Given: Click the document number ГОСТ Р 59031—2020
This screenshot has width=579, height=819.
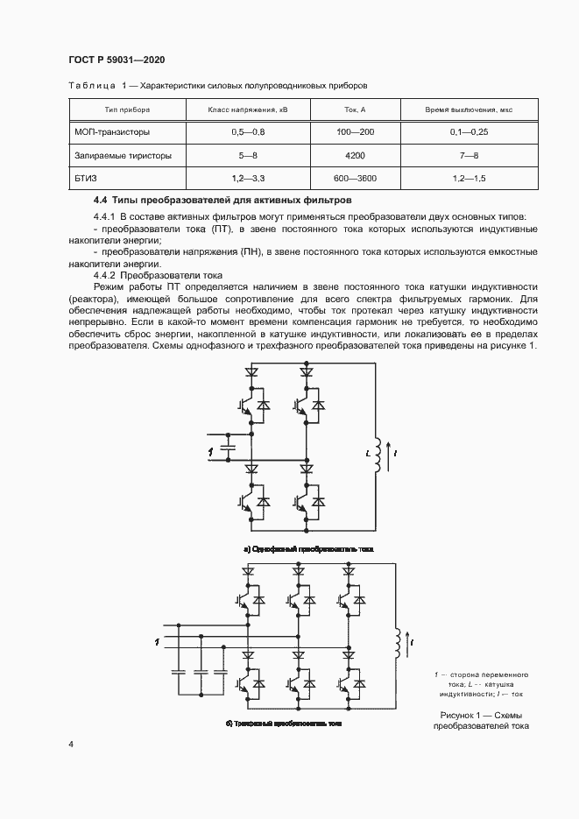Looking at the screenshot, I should point(117,60).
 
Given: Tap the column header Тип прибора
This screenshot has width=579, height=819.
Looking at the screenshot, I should point(127,110).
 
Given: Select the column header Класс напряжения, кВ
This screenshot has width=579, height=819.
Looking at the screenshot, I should point(247,110).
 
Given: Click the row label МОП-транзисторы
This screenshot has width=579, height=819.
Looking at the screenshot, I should point(112,132).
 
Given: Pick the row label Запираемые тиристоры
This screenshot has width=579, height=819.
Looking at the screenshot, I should point(123,155).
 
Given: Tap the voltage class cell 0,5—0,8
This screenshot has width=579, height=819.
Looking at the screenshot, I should point(247,132).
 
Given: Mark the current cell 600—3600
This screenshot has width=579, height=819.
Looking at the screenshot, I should point(355,178).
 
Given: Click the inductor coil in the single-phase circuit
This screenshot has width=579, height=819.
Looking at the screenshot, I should point(380,453).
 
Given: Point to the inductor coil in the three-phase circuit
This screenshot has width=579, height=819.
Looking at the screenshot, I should point(401,645).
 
